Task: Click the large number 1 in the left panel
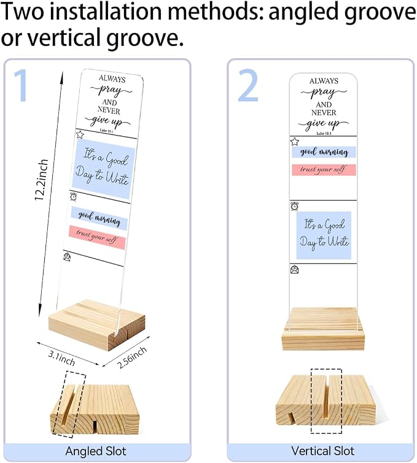coord(21,86)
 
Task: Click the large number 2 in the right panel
coord(248,86)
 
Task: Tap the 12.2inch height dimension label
coord(41,180)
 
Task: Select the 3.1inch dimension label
coord(61,358)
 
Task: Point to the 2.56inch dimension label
coord(132,358)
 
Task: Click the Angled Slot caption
coord(96,451)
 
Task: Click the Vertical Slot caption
coord(322,451)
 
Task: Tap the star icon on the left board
coord(80,135)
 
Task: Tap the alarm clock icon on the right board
coord(295,206)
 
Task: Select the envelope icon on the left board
coord(67,257)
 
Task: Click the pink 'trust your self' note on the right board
coord(324,170)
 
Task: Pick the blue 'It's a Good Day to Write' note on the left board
coord(103,169)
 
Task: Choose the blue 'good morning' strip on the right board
coord(324,152)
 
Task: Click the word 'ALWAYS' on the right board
coord(324,81)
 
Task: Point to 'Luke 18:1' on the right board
coord(324,134)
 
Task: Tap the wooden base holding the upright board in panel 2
coord(323,329)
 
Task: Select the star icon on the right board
coord(295,142)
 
